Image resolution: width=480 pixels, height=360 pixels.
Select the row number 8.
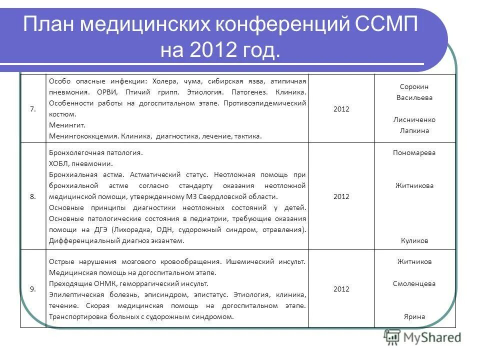[33, 196]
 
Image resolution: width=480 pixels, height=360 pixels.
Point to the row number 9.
[33, 289]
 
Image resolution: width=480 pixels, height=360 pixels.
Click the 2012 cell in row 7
[341, 109]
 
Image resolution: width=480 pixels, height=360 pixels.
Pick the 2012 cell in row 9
[341, 289]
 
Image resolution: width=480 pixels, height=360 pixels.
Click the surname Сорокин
[414, 87]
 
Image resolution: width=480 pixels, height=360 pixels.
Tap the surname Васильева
[414, 98]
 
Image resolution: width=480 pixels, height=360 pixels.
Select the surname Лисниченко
[414, 120]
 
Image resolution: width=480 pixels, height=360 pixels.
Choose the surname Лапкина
[414, 131]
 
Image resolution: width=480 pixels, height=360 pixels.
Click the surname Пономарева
[414, 153]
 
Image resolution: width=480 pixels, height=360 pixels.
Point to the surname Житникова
[414, 185]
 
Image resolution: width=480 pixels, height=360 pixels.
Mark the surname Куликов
[414, 240]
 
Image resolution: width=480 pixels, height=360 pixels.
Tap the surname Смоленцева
[414, 283]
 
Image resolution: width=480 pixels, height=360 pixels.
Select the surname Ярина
[414, 316]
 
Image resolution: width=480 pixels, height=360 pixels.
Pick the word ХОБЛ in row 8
[58, 163]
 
